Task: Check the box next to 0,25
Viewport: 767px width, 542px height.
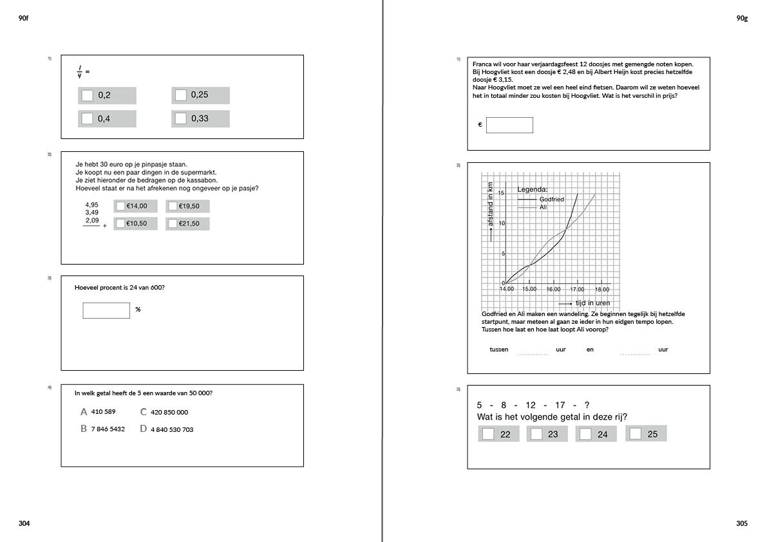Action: (181, 95)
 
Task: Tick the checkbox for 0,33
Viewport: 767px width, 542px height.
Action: (181, 118)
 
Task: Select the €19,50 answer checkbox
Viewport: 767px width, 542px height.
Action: (173, 206)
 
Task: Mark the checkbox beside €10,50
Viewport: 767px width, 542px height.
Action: (120, 223)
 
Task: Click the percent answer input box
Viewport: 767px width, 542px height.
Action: (106, 310)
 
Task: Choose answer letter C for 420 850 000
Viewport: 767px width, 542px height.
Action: (144, 412)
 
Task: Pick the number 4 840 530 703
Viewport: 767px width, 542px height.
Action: (171, 429)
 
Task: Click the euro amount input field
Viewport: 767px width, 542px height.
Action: (509, 125)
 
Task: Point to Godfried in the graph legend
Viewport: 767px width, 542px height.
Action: (551, 200)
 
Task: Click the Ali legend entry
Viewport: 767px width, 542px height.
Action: (543, 207)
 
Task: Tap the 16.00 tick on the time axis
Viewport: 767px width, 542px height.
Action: (553, 289)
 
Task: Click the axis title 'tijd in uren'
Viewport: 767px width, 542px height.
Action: (592, 303)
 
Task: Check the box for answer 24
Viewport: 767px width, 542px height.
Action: (585, 434)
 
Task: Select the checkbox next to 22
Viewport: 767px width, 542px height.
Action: (488, 434)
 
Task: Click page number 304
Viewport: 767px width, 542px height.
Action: (24, 523)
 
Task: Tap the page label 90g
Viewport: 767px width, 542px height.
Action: (742, 19)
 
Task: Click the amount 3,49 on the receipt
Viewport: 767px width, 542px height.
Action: (91, 212)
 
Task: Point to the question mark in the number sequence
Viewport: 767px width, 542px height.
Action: (587, 405)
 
